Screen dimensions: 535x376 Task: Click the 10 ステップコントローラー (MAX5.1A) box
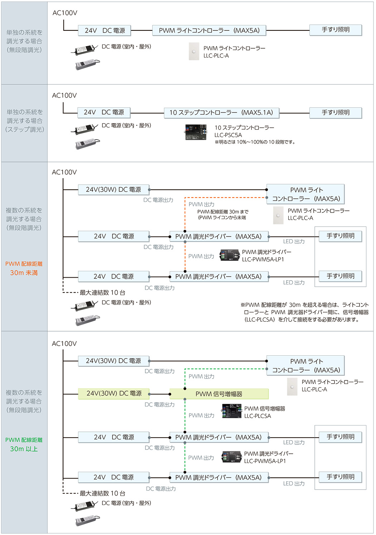(221, 113)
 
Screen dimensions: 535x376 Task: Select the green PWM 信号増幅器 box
(219, 394)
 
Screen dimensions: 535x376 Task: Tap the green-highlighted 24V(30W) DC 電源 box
(114, 394)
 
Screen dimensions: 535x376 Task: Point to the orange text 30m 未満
(24, 273)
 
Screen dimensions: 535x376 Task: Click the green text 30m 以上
(24, 449)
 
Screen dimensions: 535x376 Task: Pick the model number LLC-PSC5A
(228, 135)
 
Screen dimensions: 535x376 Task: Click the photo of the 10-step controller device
(196, 132)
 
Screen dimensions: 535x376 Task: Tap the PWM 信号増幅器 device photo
(231, 411)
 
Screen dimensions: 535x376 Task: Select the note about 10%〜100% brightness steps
(255, 142)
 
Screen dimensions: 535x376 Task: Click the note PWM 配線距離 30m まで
(223, 212)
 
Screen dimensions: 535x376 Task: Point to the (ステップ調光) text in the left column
(24, 129)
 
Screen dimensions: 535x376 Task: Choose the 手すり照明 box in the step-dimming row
(336, 113)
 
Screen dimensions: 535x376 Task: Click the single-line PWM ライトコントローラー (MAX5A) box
(209, 30)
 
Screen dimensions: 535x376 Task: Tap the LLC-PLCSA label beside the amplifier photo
(257, 416)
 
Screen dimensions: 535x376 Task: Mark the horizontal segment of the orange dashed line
(226, 198)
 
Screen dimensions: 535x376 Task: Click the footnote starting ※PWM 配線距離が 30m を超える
(304, 312)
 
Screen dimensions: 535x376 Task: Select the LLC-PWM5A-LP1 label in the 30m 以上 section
(265, 461)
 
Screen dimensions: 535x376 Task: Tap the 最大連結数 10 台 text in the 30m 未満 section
(102, 292)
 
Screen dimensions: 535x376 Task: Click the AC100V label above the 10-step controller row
(64, 96)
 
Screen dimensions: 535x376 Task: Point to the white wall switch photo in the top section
(194, 51)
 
